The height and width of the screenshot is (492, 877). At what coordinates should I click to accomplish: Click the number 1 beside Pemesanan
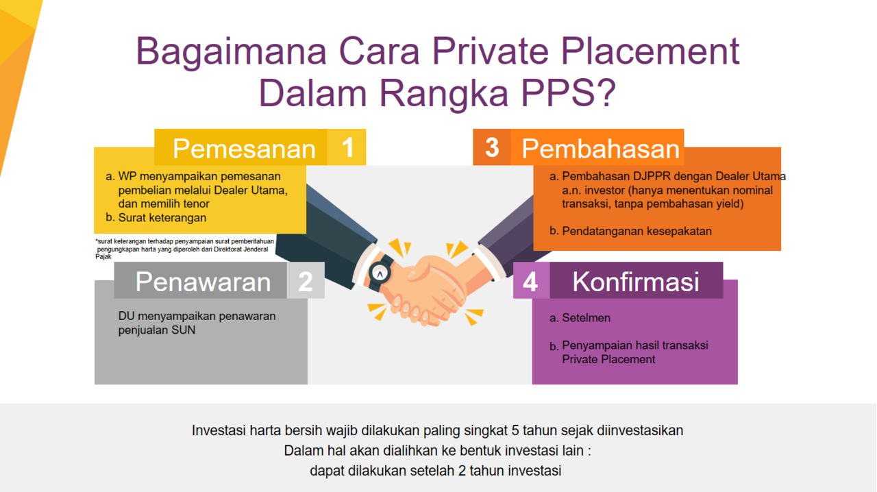(347, 148)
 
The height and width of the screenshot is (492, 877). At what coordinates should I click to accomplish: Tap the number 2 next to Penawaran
(306, 281)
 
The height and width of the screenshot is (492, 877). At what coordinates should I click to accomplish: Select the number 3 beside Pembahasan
(492, 148)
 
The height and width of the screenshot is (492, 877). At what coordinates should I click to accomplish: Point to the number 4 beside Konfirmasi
(530, 282)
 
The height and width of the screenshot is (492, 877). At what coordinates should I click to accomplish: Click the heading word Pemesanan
(245, 149)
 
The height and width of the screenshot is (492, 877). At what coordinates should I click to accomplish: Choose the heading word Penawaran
(203, 282)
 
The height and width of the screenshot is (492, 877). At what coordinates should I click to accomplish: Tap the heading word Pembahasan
(600, 149)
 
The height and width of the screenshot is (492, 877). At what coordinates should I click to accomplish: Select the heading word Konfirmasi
(636, 282)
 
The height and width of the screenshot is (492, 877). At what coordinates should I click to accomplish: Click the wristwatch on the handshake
(380, 273)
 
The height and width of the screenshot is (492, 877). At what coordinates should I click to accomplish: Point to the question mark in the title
(605, 93)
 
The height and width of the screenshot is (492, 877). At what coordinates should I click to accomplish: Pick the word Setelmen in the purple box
(586, 318)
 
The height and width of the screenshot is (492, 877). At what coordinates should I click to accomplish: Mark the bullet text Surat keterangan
(162, 217)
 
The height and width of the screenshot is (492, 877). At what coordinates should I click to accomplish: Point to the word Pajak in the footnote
(103, 256)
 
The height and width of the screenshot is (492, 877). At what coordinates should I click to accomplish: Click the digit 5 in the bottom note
(515, 430)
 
